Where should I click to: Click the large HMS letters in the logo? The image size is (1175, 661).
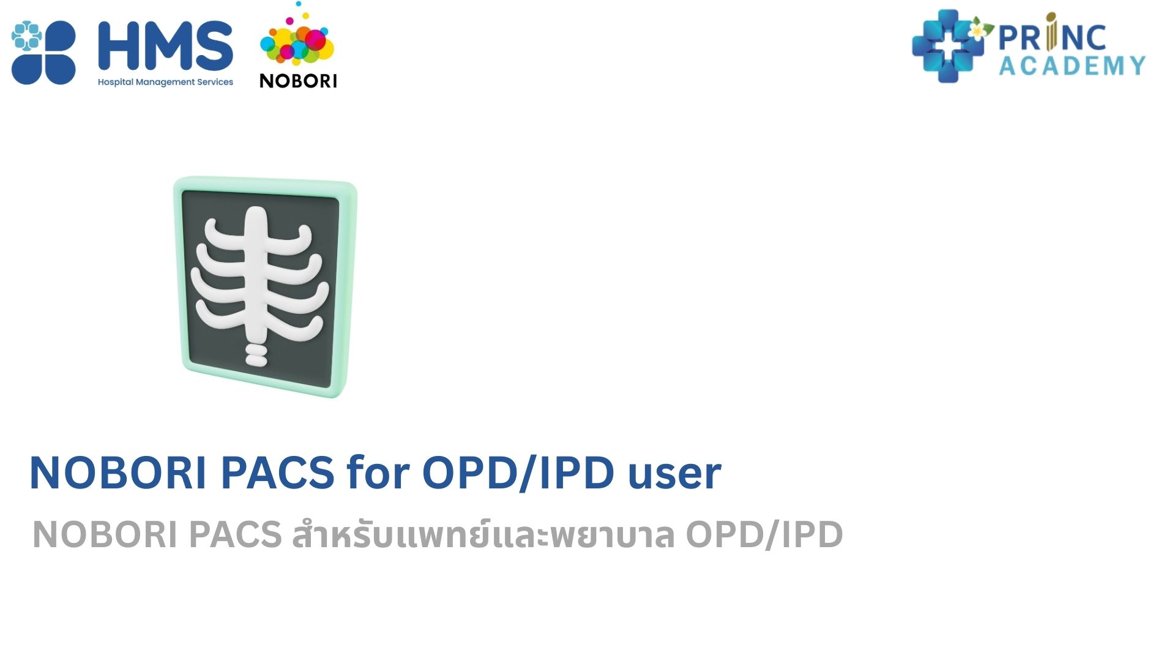tap(165, 46)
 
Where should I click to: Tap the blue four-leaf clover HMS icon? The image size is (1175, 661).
tap(43, 52)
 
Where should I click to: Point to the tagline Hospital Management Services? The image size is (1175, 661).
tap(165, 82)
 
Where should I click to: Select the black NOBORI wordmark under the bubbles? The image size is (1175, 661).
tap(298, 81)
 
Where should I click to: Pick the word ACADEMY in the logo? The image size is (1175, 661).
tap(1072, 65)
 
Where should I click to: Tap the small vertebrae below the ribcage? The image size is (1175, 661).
tap(256, 355)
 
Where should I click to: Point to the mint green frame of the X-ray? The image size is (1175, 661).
tap(179, 275)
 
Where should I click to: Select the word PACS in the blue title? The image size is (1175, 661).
tap(278, 473)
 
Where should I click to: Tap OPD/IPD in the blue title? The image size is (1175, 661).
tap(518, 473)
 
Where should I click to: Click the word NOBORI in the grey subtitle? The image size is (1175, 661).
tap(105, 534)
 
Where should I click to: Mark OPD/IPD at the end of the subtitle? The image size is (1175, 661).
tap(764, 534)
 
